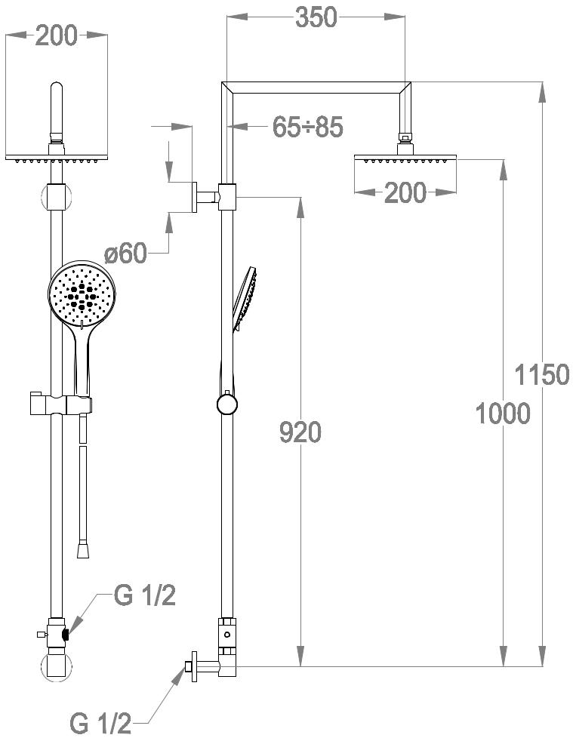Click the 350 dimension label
click(x=316, y=17)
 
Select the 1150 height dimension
click(x=541, y=374)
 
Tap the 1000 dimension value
click(x=503, y=413)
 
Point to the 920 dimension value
click(x=300, y=432)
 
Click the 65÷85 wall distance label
click(x=308, y=127)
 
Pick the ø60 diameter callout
click(x=125, y=254)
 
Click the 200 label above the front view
click(x=56, y=35)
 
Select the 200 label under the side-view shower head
click(x=405, y=192)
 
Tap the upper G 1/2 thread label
click(x=144, y=595)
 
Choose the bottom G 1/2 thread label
click(x=100, y=722)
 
